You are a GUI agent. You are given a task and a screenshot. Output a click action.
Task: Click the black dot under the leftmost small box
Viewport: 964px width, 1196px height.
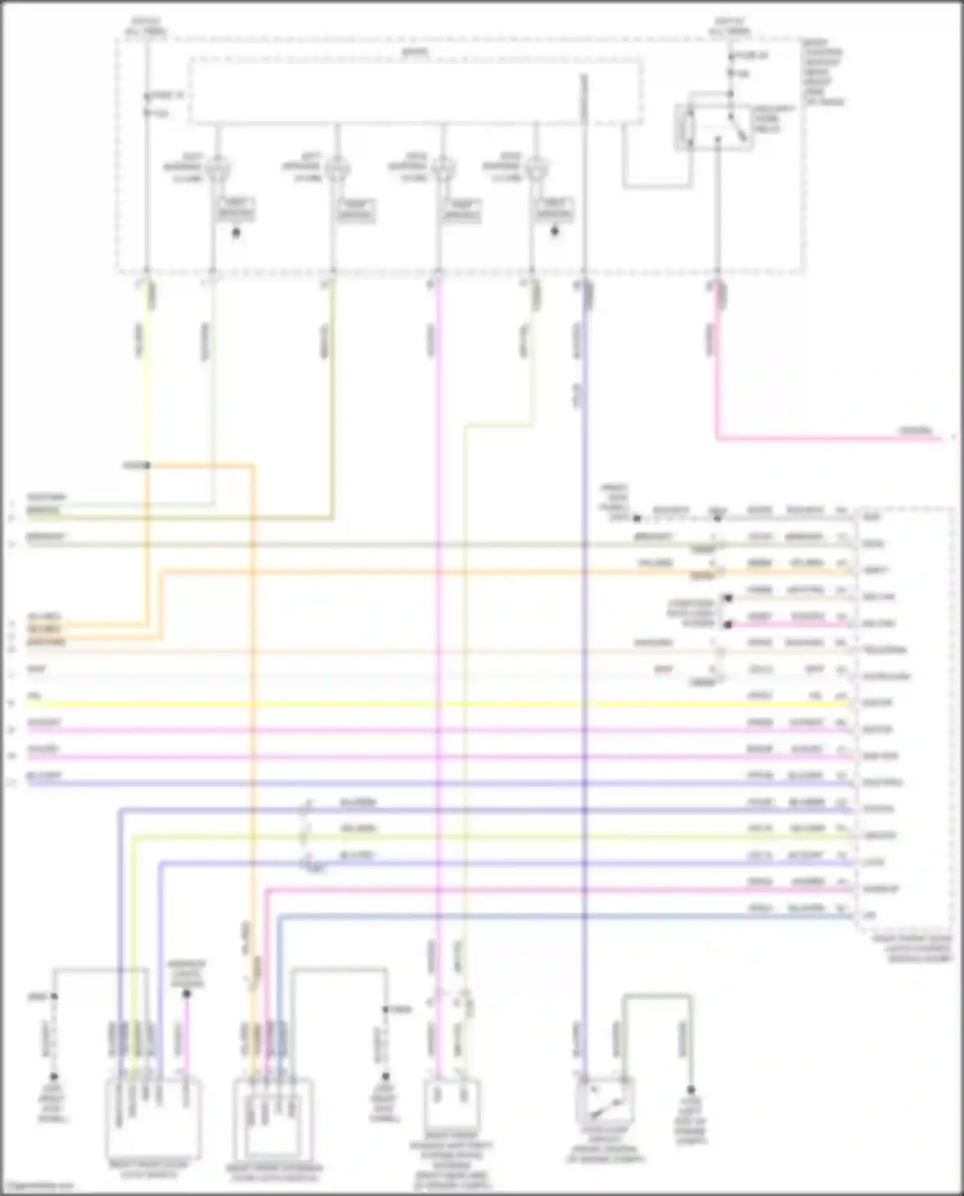coord(236,233)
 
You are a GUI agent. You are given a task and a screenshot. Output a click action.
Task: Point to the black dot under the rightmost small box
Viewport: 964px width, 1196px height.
coord(555,231)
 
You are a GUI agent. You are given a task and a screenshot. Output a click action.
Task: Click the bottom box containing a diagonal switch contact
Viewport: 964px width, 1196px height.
coord(606,1103)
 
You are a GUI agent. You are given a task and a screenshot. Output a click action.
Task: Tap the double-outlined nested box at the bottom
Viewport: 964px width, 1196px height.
coord(272,1120)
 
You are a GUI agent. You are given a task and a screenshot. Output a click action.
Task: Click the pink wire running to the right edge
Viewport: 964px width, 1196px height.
coord(835,439)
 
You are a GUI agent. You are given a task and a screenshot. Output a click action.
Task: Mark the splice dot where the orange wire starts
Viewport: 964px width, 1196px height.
coord(147,465)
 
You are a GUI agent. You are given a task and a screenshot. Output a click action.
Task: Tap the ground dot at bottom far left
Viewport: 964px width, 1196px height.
coord(54,1076)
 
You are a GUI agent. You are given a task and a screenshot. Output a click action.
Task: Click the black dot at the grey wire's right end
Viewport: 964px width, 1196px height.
coord(691,1090)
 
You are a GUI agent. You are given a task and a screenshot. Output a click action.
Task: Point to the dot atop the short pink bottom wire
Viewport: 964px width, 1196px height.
coord(186,994)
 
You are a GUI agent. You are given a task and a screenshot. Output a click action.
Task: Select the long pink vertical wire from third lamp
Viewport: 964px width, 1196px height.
coord(438,643)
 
